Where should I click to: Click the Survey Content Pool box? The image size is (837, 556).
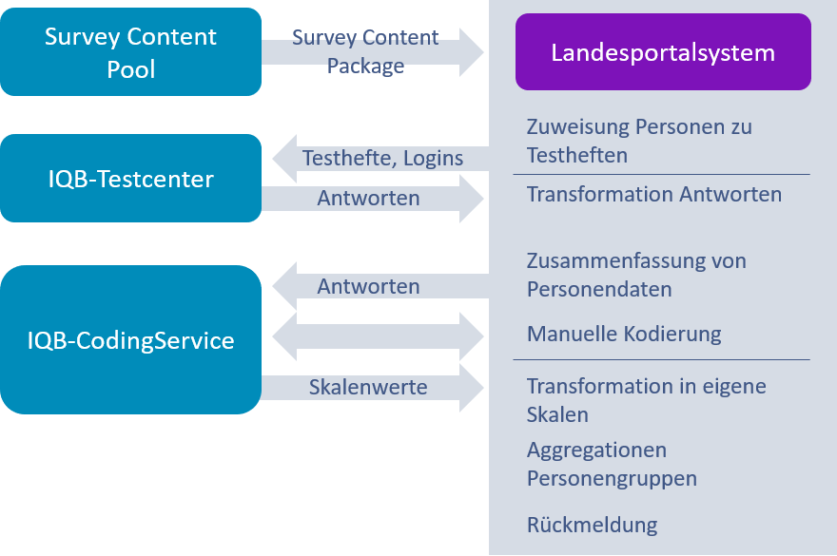(130, 52)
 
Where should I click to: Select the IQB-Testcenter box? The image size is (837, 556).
(130, 178)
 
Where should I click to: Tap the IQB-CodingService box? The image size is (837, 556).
(130, 339)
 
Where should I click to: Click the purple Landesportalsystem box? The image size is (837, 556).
(663, 52)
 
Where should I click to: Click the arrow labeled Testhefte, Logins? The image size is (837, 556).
(380, 159)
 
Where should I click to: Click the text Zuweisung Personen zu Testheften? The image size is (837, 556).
(639, 141)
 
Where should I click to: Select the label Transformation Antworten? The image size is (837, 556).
(654, 195)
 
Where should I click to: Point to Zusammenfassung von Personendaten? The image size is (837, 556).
(636, 275)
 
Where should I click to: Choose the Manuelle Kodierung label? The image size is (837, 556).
(624, 335)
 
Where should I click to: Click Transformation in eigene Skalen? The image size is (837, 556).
(646, 400)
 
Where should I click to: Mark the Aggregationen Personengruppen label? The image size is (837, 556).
(612, 464)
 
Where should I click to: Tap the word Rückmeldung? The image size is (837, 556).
(592, 525)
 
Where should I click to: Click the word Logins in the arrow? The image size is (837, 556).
(433, 159)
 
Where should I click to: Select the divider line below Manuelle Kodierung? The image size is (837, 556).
(662, 360)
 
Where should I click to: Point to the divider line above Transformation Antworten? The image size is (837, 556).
(662, 175)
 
